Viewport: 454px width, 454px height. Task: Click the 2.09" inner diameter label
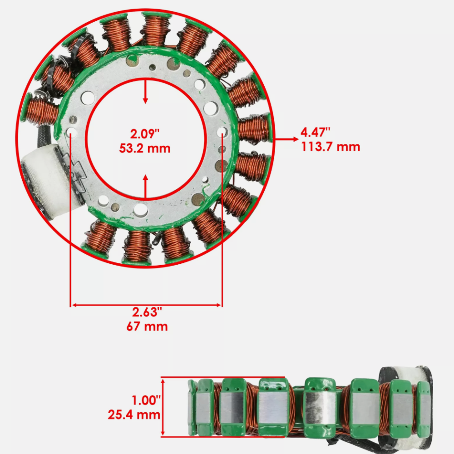click(145, 134)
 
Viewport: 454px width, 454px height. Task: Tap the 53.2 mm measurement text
click(145, 148)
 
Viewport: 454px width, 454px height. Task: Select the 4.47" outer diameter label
click(316, 133)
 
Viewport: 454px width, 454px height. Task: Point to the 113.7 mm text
click(330, 147)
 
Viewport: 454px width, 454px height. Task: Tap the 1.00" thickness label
click(146, 400)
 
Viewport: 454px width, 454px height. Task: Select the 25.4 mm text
click(134, 415)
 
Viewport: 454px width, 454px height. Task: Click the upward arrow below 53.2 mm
click(145, 186)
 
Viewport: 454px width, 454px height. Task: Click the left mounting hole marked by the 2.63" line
click(71, 132)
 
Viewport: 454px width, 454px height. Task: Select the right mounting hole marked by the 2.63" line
click(222, 132)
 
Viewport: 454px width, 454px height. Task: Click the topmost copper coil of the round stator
click(156, 30)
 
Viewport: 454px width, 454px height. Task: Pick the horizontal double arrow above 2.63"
click(146, 305)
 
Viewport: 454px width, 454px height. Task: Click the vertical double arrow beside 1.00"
click(164, 407)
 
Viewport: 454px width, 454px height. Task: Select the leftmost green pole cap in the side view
click(192, 406)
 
